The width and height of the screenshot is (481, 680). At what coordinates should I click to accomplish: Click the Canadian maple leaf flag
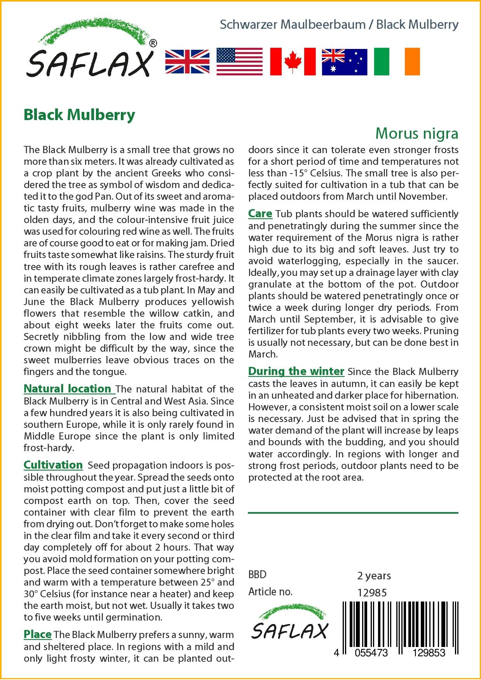[293, 62]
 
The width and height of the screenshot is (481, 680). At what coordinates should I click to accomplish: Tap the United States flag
[239, 62]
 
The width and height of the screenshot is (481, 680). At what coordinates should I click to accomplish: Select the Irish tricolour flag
[397, 62]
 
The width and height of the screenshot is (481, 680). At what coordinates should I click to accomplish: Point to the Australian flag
[344, 62]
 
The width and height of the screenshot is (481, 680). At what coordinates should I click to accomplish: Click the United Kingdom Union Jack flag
[187, 62]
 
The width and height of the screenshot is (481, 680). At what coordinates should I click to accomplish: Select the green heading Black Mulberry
[79, 115]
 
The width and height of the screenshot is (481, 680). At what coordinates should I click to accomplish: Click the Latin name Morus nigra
[417, 133]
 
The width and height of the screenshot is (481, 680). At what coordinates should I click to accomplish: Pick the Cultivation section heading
[53, 465]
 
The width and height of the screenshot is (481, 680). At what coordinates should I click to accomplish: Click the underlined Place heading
[38, 634]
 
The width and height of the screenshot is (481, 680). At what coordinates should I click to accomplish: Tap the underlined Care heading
[260, 213]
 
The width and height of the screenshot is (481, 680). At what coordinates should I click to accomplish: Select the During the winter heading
[296, 371]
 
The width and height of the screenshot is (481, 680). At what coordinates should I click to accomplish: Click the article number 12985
[372, 593]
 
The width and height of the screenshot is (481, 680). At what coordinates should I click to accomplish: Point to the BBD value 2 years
[374, 575]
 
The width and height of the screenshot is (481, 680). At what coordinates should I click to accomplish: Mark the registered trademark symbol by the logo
[153, 43]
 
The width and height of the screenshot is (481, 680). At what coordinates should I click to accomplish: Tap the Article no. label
[270, 592]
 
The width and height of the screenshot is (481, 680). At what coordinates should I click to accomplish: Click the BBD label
[257, 575]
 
